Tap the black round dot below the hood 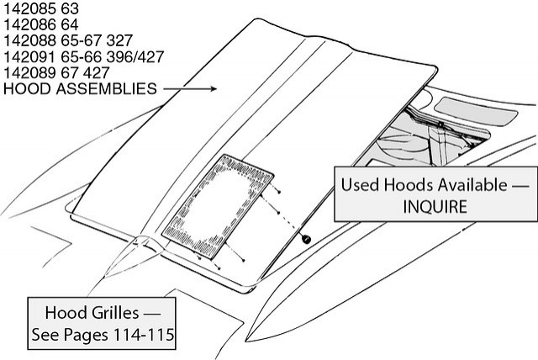click(307, 240)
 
